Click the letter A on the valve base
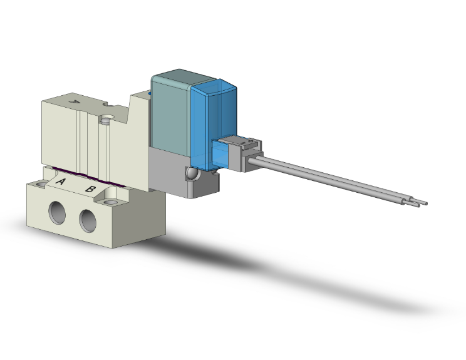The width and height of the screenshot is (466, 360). pos(61,182)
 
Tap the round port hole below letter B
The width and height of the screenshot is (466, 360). pos(89,220)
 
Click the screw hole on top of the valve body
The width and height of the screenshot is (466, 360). pos(106,116)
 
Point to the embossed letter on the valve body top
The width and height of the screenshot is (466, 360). pos(75,101)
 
